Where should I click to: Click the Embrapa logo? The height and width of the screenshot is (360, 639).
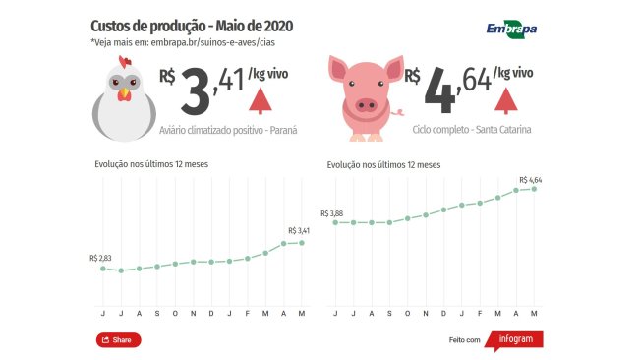pos(511,30)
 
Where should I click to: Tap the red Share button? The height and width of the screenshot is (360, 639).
pos(118,339)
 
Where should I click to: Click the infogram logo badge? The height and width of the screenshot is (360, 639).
pos(515,339)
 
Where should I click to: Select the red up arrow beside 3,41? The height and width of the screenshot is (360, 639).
pos(261,100)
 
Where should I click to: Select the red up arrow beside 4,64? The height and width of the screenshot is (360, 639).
pos(506,100)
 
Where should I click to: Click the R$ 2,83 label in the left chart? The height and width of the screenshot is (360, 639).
pos(100,258)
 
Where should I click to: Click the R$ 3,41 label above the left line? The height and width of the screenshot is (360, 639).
pos(301,231)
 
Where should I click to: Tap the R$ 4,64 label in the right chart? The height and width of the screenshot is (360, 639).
pos(529,179)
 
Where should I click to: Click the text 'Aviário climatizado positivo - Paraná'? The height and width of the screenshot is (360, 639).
pos(228,130)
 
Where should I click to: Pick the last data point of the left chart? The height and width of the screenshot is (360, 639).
pos(302,242)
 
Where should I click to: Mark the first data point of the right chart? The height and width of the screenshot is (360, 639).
pos(335,222)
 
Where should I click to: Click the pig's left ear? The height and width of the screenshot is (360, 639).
pos(340,69)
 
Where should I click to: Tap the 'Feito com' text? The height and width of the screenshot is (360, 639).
pos(464,340)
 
